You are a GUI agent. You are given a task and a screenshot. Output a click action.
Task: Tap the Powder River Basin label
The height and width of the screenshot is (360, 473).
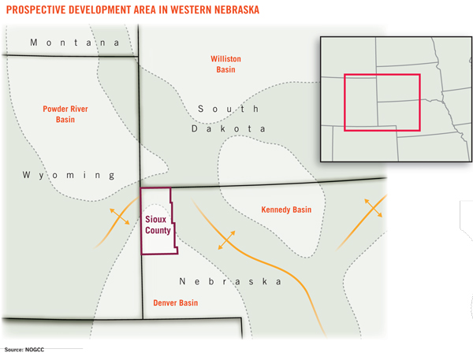pyautogui.click(x=65, y=114)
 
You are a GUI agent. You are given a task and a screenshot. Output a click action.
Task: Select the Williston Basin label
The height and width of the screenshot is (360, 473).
pyautogui.click(x=225, y=64)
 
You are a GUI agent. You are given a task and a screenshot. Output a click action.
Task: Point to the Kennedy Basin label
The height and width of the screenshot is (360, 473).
pyautogui.click(x=285, y=210)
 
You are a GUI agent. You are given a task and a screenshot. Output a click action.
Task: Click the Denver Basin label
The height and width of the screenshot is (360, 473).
pyautogui.click(x=176, y=302)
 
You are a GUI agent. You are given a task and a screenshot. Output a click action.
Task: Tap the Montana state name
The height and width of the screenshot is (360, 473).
pyautogui.click(x=74, y=43)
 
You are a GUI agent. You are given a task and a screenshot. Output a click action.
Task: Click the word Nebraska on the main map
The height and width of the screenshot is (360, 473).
pyautogui.click(x=230, y=281)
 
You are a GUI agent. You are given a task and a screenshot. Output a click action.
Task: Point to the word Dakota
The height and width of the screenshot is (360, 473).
pyautogui.click(x=229, y=128)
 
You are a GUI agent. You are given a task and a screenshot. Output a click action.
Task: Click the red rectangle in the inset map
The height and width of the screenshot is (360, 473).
pyautogui.click(x=382, y=102)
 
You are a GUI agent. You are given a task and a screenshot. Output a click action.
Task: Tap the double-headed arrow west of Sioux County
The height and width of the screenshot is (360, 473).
pyautogui.click(x=121, y=215)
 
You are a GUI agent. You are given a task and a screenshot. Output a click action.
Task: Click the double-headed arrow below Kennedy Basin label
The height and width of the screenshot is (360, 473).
pyautogui.click(x=226, y=241)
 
